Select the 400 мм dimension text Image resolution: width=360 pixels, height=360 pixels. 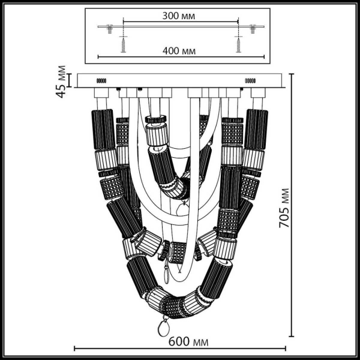pos(179,51)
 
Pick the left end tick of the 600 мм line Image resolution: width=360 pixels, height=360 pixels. pos(74,349)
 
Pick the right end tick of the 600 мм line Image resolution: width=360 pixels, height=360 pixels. pos(286,349)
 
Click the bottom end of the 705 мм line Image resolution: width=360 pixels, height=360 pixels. pos(292,337)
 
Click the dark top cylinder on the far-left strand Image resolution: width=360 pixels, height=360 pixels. pos(103,129)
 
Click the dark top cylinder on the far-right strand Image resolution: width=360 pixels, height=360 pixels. pos(256,129)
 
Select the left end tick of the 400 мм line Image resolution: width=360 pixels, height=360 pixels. pos(97,57)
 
